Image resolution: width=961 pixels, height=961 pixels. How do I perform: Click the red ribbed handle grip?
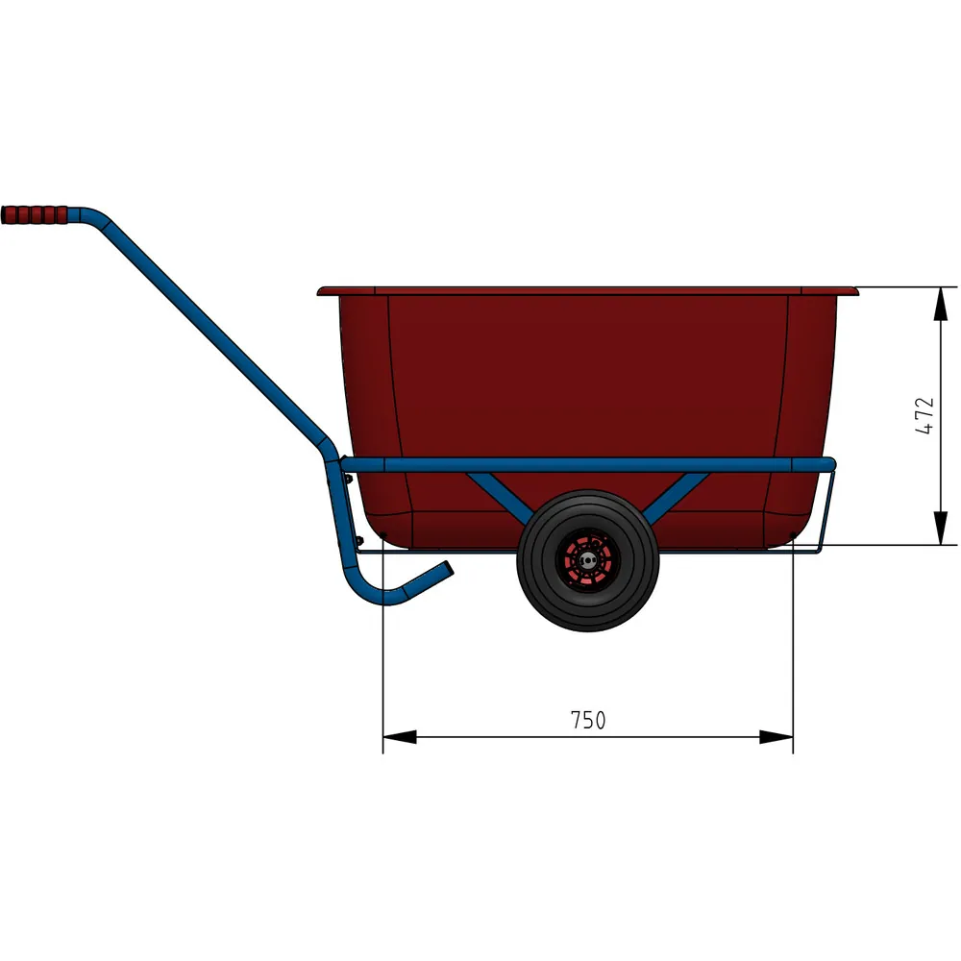pos(35,214)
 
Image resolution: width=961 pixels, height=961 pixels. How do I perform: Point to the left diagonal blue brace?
pos(501,496)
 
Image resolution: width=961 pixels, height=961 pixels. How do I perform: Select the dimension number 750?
pos(588,720)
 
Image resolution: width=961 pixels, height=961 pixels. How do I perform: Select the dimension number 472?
pos(924,415)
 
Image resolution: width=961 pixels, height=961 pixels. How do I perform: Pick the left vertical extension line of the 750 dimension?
pos(383,653)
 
